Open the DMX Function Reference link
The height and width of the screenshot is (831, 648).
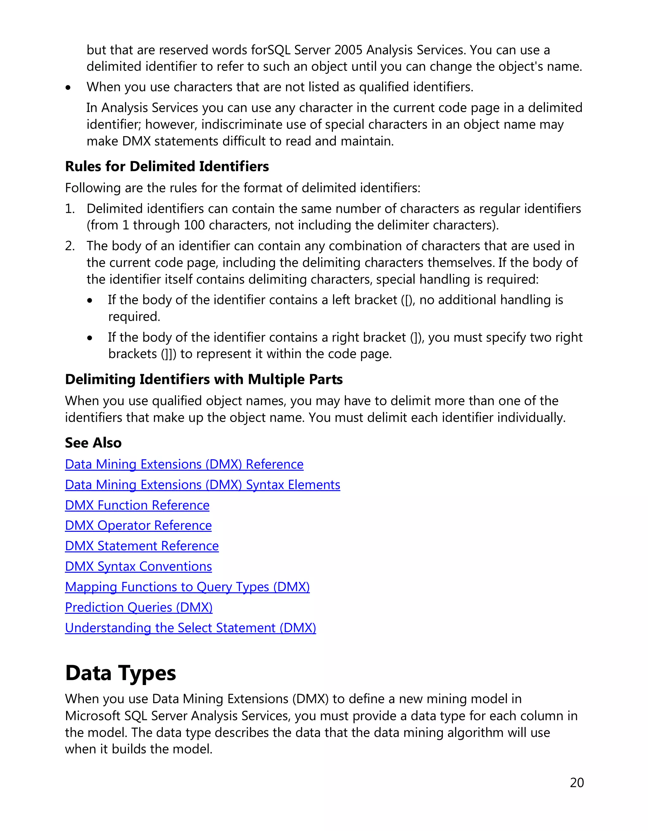point(137,505)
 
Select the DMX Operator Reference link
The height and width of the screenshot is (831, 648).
point(138,526)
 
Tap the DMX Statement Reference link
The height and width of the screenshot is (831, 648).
point(141,546)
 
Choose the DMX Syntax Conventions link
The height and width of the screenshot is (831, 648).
point(138,567)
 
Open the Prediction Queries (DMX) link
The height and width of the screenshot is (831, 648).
point(138,607)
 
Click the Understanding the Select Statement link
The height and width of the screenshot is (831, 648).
point(190,628)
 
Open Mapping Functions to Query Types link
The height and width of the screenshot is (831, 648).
point(187,587)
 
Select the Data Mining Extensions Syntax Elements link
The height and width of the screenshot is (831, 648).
point(202,485)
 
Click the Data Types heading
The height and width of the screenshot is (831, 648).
point(120,673)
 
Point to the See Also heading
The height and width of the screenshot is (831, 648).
point(93,443)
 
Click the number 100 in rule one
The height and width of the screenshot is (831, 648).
point(194,225)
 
